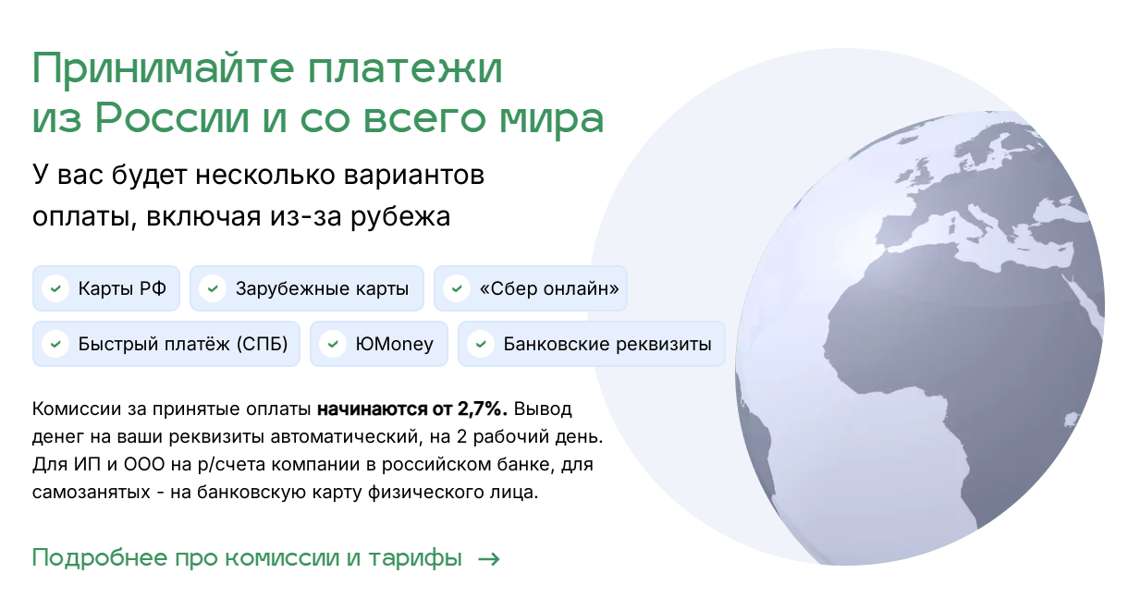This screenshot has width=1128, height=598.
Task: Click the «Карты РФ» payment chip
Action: tap(106, 288)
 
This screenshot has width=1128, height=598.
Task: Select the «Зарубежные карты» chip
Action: tap(307, 288)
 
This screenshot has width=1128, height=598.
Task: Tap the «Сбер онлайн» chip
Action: tap(531, 288)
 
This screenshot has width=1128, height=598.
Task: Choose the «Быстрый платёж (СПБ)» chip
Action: tap(166, 344)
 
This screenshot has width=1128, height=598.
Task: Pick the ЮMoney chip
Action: tap(379, 344)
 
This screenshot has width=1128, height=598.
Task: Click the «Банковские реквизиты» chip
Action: tap(591, 344)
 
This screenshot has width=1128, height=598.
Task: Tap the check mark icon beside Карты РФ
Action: tap(55, 289)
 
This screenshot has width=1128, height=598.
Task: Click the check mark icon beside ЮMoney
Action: tap(333, 345)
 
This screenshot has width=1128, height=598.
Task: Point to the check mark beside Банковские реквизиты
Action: tap(481, 345)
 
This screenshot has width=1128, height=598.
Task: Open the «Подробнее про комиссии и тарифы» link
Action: tap(247, 557)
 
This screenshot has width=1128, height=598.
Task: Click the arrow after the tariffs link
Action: tap(488, 559)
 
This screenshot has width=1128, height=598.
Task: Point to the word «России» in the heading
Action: tap(172, 119)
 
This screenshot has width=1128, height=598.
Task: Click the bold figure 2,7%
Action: tap(482, 409)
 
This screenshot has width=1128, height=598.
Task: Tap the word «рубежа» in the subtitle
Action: tap(400, 218)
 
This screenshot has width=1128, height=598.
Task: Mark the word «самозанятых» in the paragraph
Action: tap(92, 493)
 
